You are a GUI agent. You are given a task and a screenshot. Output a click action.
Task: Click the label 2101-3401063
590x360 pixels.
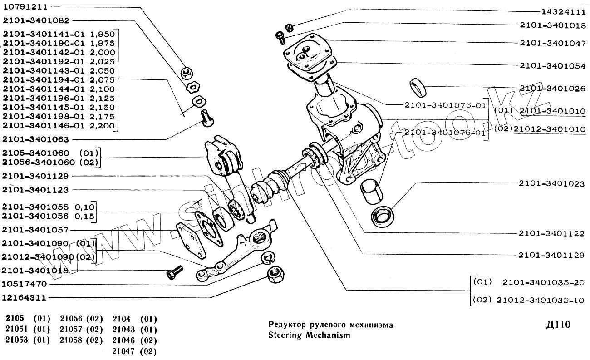35,139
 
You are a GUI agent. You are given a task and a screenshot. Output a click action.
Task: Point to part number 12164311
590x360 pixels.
25,298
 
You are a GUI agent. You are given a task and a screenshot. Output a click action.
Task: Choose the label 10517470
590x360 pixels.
25,284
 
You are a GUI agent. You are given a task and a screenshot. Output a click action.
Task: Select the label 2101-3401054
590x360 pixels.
552,66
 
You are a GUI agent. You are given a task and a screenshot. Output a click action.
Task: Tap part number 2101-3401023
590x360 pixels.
552,183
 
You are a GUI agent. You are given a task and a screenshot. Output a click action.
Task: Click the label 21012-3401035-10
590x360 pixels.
541,301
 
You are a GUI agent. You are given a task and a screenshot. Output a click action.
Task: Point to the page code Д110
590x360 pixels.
558,325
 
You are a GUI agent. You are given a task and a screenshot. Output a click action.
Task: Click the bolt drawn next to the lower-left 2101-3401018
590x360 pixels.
174,274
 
